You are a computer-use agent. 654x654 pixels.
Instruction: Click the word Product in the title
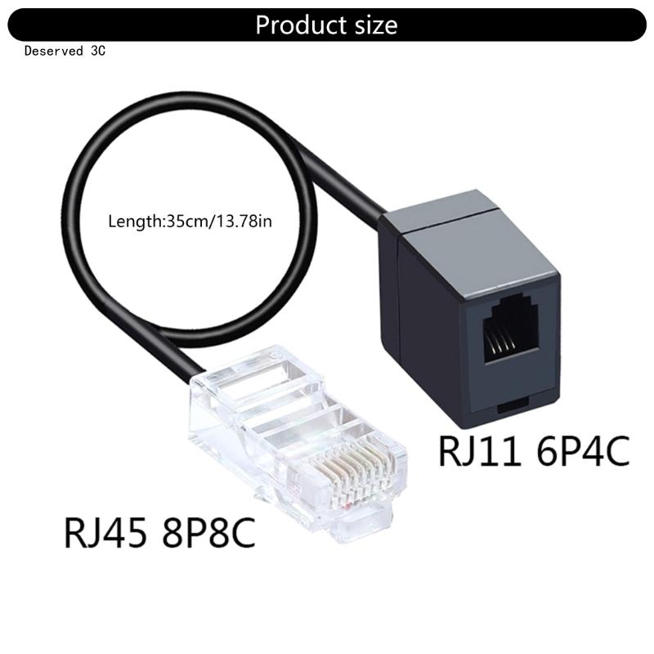[x=298, y=25]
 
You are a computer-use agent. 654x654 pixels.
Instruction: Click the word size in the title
[x=373, y=25]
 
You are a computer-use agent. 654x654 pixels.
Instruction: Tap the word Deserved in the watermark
[x=52, y=51]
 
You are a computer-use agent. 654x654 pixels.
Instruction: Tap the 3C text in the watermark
[x=98, y=51]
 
